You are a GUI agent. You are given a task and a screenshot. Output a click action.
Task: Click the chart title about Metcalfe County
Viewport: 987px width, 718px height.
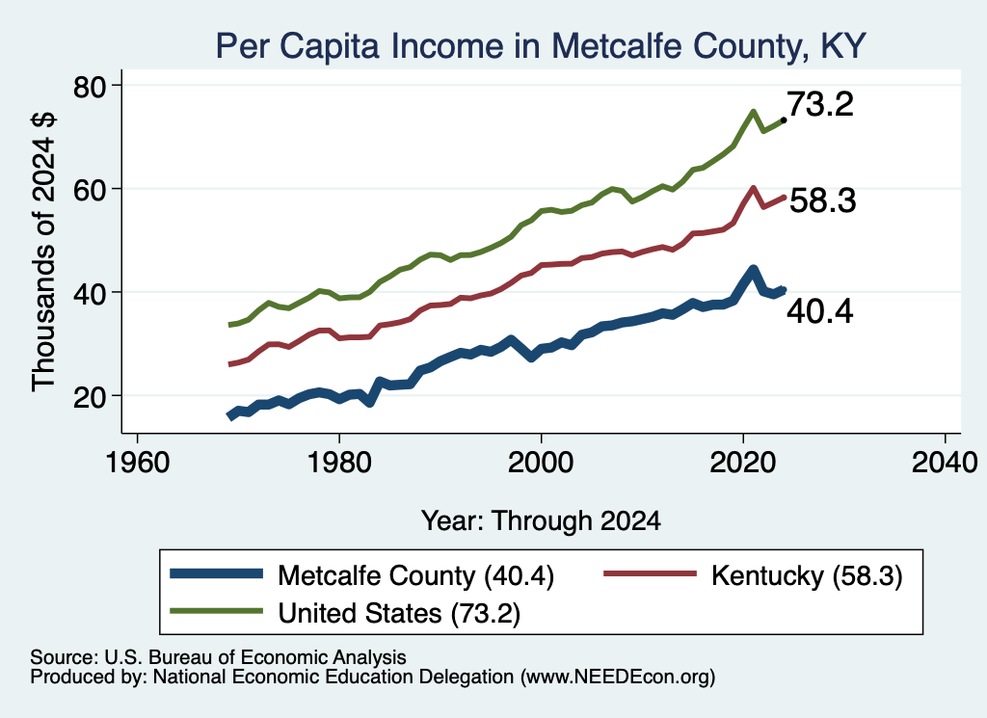coord(541,46)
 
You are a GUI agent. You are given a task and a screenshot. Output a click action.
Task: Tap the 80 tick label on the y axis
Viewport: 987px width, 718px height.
coord(90,86)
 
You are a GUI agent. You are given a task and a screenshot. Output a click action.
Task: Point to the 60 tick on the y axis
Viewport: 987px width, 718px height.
coord(90,190)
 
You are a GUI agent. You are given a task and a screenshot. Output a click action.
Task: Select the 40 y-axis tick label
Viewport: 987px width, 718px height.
coord(90,293)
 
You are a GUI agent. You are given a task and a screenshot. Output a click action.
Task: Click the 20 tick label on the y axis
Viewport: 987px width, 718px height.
coord(90,397)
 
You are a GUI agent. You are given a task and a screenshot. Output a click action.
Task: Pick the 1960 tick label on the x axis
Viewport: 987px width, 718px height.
coord(137,464)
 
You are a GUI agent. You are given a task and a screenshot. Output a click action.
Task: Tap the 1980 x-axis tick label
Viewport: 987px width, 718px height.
coord(339,464)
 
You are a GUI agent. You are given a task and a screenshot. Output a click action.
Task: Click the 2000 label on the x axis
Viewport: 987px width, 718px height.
coord(541,464)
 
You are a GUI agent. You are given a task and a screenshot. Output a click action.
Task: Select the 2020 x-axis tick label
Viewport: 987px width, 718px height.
coord(743,464)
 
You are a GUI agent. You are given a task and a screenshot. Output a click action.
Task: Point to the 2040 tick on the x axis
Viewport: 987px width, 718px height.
coord(945,464)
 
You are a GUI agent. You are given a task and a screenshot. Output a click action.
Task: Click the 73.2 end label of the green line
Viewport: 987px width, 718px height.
coord(820,104)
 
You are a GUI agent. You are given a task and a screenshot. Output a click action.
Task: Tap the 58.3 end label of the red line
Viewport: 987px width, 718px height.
coord(823,200)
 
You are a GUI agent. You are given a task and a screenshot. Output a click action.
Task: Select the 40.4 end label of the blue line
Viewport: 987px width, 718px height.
coord(820,311)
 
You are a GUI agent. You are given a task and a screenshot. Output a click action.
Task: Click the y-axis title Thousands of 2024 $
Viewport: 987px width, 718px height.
coord(43,252)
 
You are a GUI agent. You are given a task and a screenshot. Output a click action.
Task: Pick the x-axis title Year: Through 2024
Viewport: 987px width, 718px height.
coord(541,521)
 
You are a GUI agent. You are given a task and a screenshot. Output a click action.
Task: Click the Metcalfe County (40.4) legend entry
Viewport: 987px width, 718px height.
coord(362,575)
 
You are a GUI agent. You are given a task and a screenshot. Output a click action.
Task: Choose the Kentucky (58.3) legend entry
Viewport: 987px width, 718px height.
coord(753,575)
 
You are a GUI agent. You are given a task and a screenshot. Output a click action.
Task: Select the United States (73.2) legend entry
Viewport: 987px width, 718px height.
coord(346,612)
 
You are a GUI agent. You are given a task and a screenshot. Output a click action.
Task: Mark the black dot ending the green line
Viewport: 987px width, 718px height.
coord(783,120)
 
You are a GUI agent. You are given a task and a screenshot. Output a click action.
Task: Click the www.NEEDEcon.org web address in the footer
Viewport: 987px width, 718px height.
coord(617,678)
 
